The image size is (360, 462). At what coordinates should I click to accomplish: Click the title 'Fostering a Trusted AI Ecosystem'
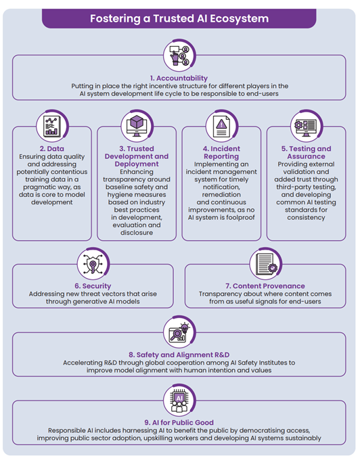tap(179, 18)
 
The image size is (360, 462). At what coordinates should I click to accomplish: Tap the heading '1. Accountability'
tap(179, 78)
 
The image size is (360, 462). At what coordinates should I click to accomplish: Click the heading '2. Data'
tap(51, 149)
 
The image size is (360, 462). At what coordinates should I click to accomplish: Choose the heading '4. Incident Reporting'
tap(221, 152)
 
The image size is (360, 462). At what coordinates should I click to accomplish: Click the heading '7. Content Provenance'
tap(265, 286)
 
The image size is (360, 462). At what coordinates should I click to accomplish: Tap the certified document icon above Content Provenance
tap(265, 264)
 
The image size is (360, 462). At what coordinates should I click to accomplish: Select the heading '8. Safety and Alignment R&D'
tap(179, 354)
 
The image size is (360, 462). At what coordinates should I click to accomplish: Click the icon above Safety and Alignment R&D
tap(179, 332)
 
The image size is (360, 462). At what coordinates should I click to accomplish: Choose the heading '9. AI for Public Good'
tap(179, 423)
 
